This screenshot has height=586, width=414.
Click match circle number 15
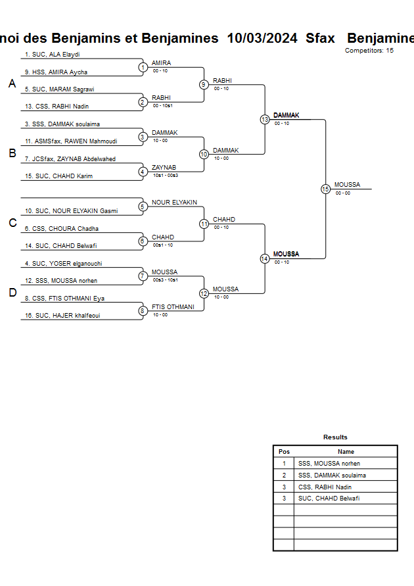click(325, 189)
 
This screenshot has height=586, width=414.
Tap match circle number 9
click(204, 84)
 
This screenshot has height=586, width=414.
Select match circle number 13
click(265, 120)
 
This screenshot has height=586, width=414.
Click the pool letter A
click(12, 84)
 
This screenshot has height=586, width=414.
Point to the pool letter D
click(12, 293)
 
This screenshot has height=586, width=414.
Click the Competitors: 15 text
click(369, 50)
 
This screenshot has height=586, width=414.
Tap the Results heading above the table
click(335, 437)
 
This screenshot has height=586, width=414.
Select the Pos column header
click(284, 452)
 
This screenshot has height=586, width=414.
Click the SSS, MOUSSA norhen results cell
click(329, 464)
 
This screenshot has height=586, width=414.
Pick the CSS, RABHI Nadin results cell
click(325, 487)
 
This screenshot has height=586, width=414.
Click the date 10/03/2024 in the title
click(262, 38)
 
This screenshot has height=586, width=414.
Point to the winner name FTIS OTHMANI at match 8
click(173, 307)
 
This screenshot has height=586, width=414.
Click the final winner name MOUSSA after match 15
click(347, 185)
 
